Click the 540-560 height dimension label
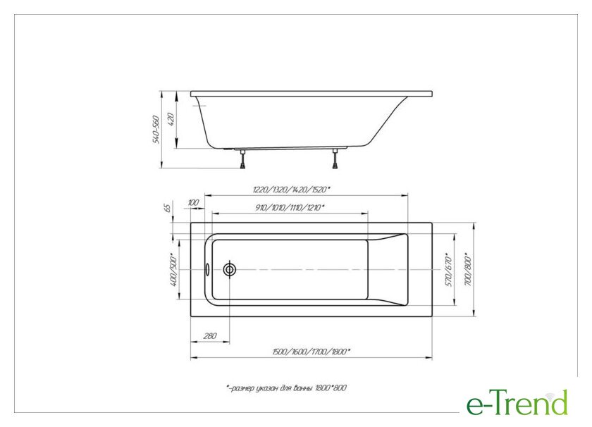pos(156,130)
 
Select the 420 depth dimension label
pos(171,119)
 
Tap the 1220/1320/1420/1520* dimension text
pos(291,189)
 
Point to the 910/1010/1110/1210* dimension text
pos(290,207)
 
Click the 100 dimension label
pos(193,203)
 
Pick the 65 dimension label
pos(168,207)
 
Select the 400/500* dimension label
pos(173,270)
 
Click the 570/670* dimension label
pos(448,270)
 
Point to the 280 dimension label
pos(210,335)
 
